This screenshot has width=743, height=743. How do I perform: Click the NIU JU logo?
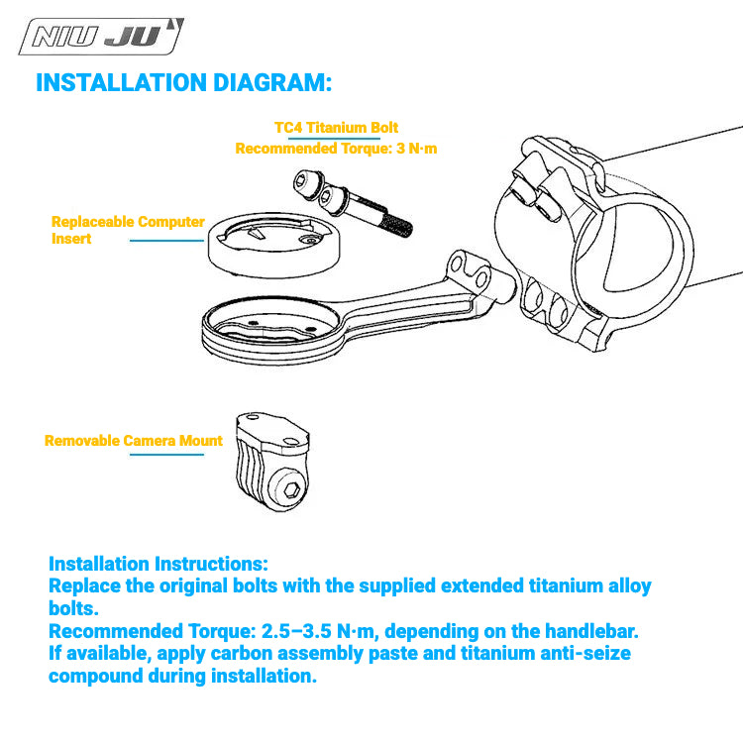(x=101, y=37)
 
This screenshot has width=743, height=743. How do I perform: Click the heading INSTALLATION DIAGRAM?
(x=184, y=82)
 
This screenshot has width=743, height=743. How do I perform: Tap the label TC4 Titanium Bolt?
(x=336, y=128)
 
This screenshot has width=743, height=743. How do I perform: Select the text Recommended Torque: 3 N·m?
(x=336, y=149)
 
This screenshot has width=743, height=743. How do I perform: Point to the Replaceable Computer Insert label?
(x=128, y=230)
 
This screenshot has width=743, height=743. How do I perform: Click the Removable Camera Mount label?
(x=133, y=441)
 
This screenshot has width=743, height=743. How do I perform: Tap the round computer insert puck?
(x=273, y=245)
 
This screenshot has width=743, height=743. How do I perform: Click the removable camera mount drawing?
(x=272, y=462)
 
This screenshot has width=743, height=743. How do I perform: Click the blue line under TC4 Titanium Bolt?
(x=334, y=139)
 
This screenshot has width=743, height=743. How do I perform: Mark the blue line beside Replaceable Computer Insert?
(x=166, y=241)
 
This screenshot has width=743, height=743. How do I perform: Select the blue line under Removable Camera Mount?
(x=166, y=455)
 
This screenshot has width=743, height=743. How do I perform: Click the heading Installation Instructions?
(x=159, y=564)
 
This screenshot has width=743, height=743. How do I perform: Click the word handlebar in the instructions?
(x=591, y=631)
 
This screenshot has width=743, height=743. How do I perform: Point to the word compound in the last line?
(x=96, y=677)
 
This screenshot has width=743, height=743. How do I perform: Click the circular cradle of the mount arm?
(x=271, y=329)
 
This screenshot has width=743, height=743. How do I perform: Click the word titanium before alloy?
(x=478, y=586)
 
